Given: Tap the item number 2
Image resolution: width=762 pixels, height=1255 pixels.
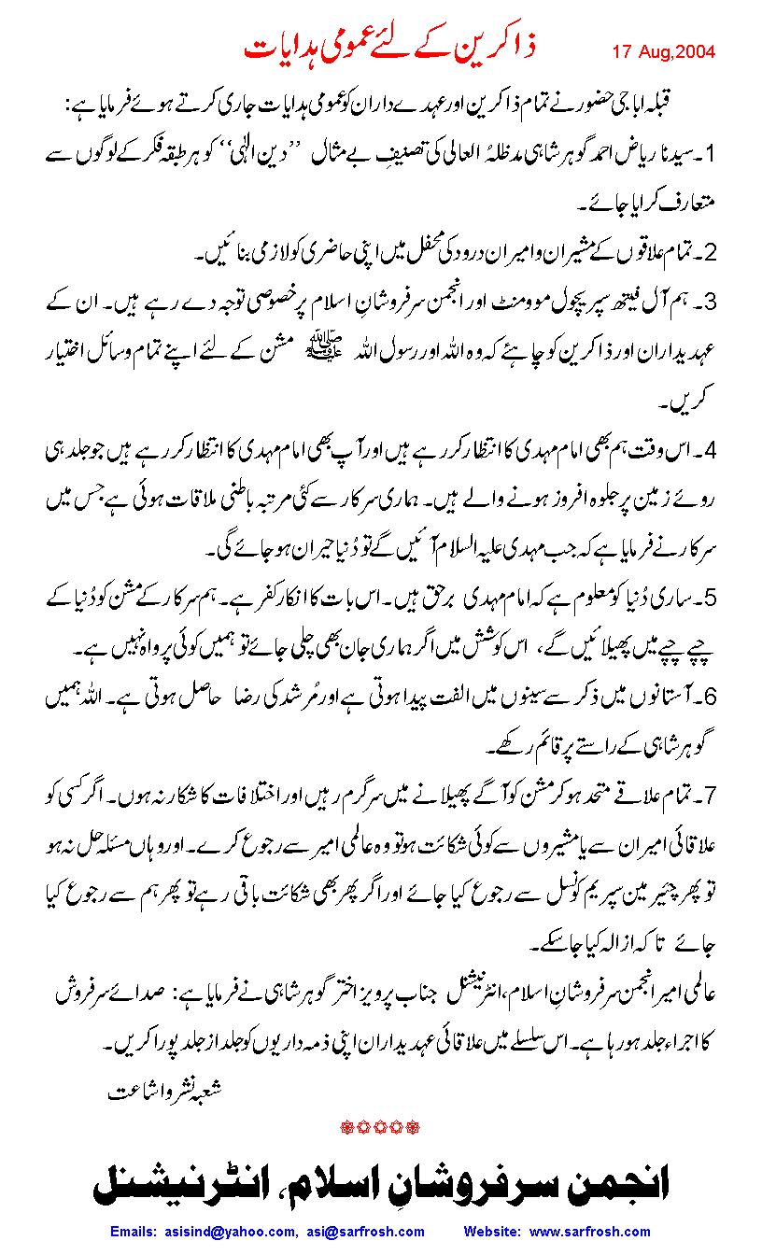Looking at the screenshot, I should point(709,253).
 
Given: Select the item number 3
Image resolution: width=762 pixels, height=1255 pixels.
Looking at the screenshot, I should point(709,303).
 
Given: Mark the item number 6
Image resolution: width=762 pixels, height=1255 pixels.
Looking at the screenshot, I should point(709,697).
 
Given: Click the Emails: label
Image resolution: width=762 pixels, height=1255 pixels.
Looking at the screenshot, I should point(136,1232).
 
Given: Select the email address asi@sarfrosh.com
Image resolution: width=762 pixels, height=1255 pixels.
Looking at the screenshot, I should point(362,1232).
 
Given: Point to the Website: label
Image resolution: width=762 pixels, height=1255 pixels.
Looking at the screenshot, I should point(494,1232).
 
